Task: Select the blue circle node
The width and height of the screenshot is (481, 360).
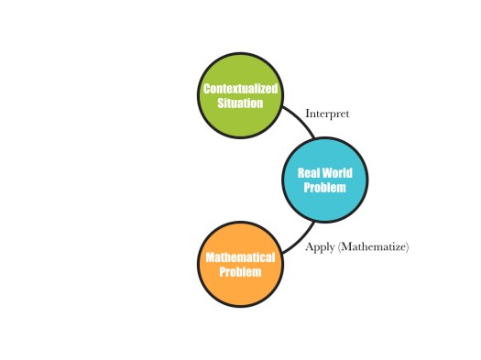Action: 324,180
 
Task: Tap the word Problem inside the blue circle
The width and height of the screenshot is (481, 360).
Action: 324,187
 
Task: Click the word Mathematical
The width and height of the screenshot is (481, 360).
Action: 240,257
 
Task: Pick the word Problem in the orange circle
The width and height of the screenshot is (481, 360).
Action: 240,272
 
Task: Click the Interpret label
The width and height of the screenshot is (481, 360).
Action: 327,115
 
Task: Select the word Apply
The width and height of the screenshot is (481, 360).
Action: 320,247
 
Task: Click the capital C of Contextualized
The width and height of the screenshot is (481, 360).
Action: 206,89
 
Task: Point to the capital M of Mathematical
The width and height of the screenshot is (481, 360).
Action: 208,257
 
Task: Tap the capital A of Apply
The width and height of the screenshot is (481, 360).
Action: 309,246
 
